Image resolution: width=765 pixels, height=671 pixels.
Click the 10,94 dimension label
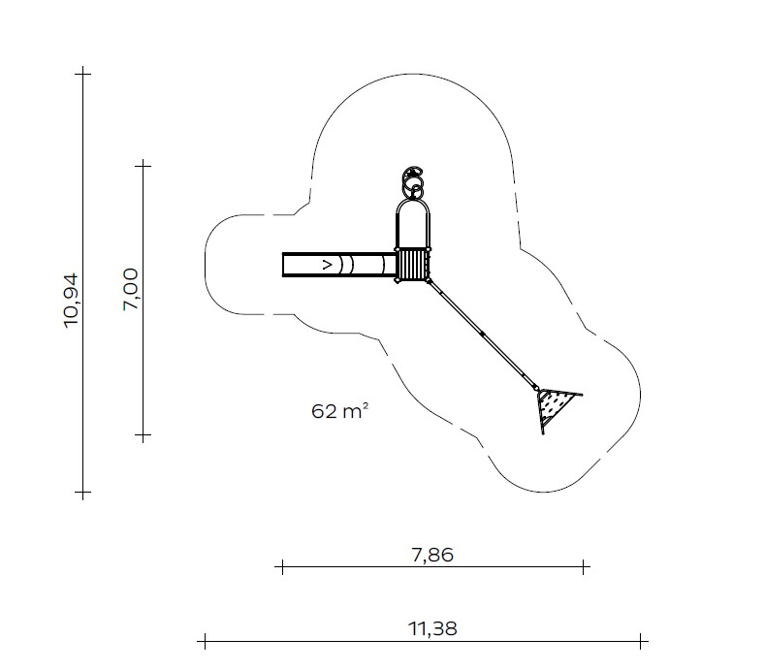coord(71,301)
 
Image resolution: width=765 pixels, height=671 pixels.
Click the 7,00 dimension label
coord(131,289)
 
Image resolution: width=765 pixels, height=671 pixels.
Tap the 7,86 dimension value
coord(432,556)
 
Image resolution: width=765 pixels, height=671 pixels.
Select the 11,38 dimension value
coord(432,629)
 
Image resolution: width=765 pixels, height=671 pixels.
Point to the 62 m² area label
coord(339,411)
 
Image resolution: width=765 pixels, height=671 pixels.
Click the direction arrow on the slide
coord(328,265)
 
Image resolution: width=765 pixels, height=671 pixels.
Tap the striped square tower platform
coord(413,265)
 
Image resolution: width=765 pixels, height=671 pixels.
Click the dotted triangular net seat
coord(555,406)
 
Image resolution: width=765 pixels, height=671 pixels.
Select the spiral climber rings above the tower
coord(413,182)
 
